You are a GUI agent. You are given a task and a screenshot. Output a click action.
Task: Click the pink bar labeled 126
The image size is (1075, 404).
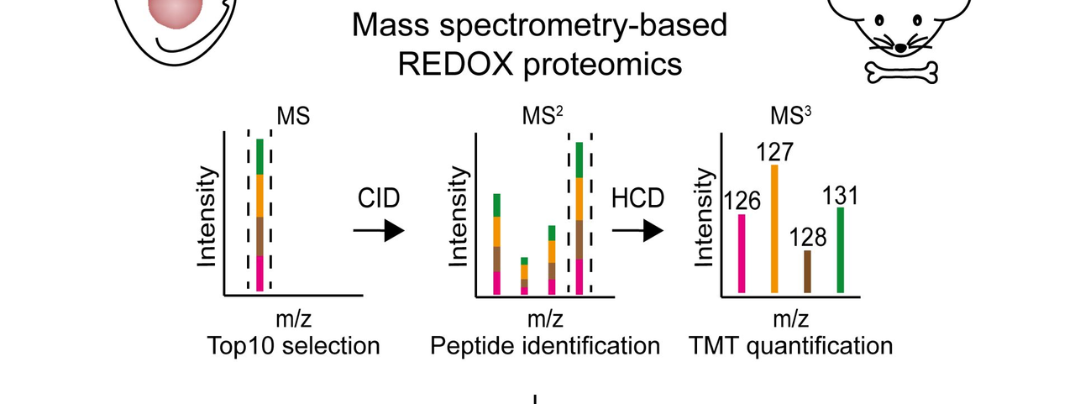[742, 254]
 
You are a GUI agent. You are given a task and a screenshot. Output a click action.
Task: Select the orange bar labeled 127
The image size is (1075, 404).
[774, 228]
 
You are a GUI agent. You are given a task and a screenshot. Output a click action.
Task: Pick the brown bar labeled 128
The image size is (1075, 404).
[807, 271]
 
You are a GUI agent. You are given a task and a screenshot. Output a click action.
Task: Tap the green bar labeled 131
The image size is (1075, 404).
[841, 249]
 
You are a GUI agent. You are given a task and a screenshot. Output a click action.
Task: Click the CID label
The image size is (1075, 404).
[378, 198]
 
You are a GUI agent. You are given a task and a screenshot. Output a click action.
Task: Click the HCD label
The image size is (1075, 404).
[637, 198]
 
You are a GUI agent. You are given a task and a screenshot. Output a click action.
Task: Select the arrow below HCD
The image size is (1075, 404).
[637, 231]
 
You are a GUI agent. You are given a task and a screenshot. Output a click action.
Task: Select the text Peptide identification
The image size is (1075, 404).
[545, 345]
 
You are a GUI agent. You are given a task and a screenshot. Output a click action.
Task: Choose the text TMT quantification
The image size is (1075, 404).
[790, 345]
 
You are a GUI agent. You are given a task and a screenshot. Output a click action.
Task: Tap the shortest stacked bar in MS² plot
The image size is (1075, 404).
[525, 276]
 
